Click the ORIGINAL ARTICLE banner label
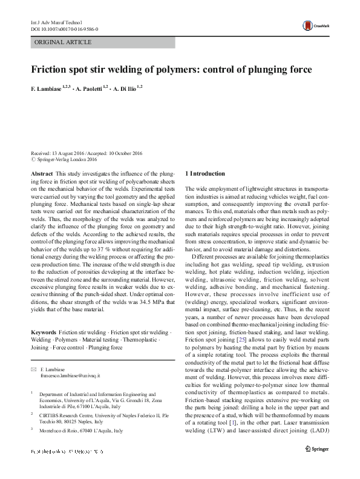(x=64, y=42)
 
